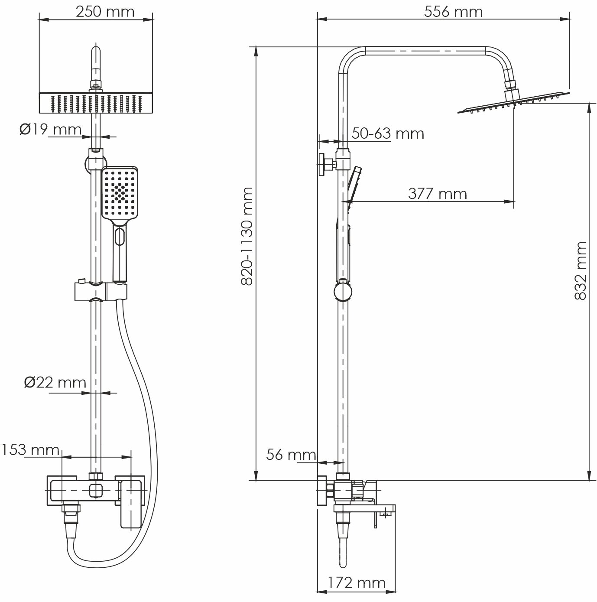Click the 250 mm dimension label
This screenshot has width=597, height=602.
point(105,12)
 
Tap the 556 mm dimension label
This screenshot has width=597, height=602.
point(453,12)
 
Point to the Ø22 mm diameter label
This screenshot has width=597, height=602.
point(55,382)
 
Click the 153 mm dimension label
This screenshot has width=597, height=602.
point(30,450)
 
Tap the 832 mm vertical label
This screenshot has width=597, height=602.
point(580,271)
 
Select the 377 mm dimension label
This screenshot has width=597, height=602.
point(437,193)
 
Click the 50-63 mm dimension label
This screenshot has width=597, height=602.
point(387,133)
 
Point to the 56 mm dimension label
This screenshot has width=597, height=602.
point(291,455)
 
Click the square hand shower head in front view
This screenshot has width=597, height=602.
point(120,194)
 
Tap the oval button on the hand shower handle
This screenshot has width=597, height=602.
point(120,237)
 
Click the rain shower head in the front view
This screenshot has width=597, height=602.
point(96,102)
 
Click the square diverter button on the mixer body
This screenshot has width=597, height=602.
point(96,491)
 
